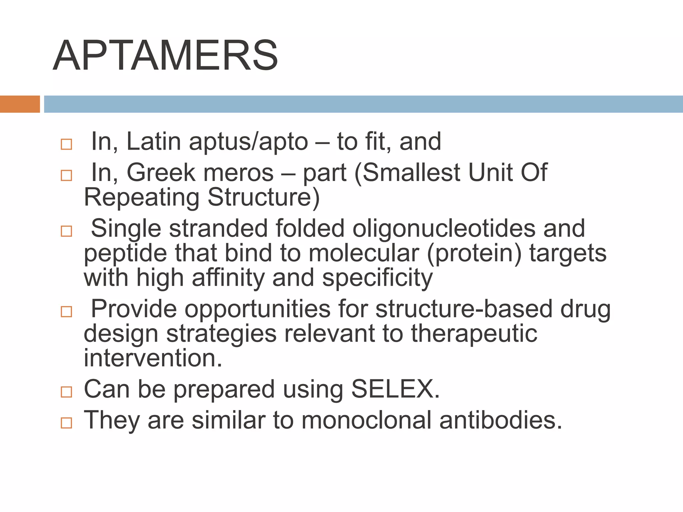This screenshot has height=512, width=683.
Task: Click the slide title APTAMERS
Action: pyautogui.click(x=165, y=55)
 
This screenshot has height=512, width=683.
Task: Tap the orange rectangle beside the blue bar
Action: pyautogui.click(x=20, y=104)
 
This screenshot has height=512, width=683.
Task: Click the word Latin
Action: pyautogui.click(x=153, y=141)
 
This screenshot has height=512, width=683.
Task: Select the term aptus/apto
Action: pyautogui.click(x=248, y=142)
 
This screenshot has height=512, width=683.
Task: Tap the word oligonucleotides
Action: pyautogui.click(x=444, y=228)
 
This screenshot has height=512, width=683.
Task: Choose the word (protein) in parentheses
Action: pyautogui.click(x=474, y=253)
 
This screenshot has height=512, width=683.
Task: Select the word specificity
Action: pyautogui.click(x=377, y=278)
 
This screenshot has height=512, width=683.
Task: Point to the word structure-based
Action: pyautogui.click(x=464, y=309)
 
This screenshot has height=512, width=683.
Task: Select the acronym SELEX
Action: pyautogui.click(x=395, y=389)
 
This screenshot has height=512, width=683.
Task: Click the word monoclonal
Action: pyautogui.click(x=367, y=420)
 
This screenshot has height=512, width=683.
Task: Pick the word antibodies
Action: pyautogui.click(x=501, y=420)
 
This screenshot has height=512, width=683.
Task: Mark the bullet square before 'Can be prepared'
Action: pyautogui.click(x=66, y=392)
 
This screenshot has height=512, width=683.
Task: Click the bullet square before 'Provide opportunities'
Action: pyautogui.click(x=66, y=312)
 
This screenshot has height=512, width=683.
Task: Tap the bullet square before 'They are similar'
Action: pyautogui.click(x=66, y=423)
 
